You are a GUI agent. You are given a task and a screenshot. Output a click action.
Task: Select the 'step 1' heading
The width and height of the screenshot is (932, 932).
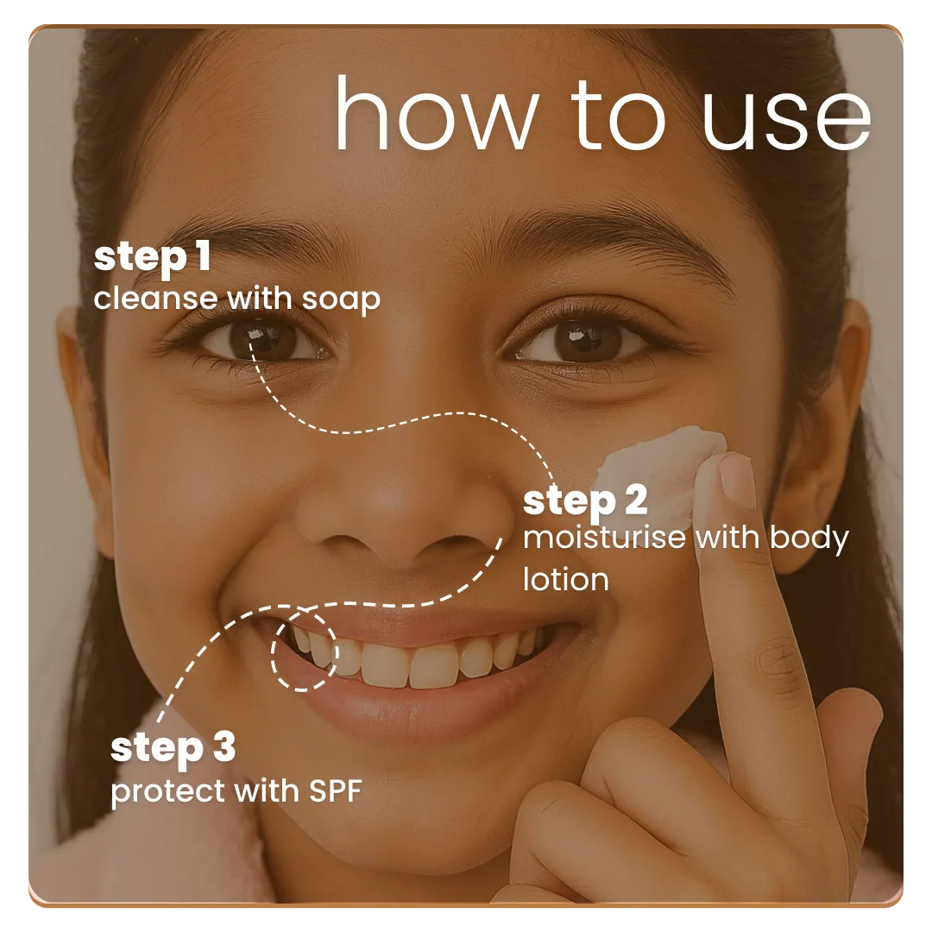point(152,258)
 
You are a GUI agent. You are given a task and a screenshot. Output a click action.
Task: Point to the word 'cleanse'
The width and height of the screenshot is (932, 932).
point(155,299)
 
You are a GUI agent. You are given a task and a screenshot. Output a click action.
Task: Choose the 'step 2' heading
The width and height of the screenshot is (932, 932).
point(585,501)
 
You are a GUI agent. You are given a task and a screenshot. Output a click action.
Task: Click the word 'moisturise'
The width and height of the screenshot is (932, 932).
point(604,538)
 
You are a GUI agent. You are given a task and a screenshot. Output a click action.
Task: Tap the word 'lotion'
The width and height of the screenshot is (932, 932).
point(565,578)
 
